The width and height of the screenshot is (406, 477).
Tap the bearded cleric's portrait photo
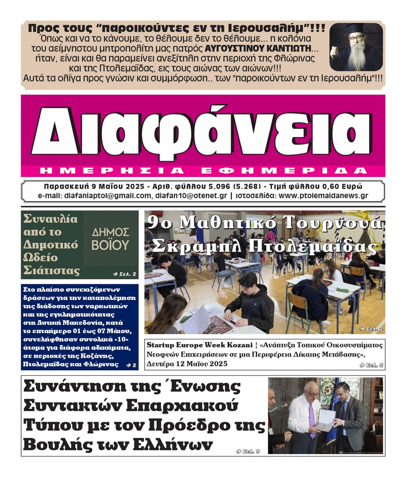click(356, 47)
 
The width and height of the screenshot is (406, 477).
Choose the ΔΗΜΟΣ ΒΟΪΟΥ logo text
click(110, 239)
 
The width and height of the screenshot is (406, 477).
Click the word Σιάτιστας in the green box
click(51, 270)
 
